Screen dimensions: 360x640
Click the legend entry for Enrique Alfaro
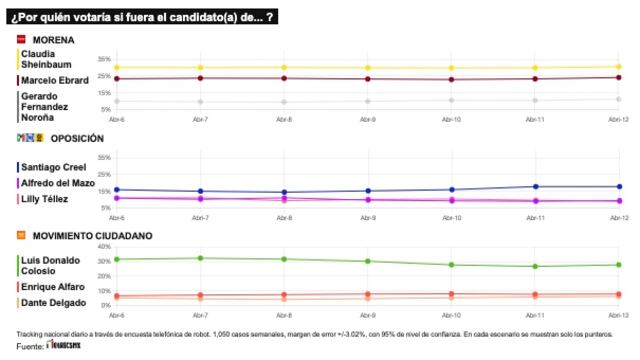point(51,286)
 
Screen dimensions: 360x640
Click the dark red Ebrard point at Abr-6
point(116,78)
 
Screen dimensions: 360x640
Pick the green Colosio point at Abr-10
point(451,265)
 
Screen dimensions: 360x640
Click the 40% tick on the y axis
point(104,246)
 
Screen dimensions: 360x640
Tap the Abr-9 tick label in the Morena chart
point(367,118)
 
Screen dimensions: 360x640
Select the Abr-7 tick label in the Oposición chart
point(200,216)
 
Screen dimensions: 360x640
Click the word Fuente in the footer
point(30,346)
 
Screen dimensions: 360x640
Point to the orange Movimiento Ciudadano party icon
point(20,235)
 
